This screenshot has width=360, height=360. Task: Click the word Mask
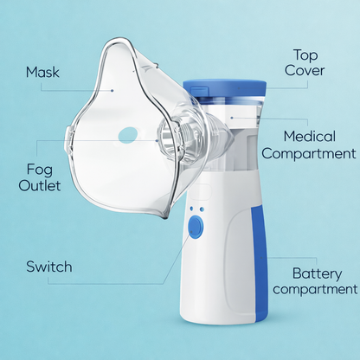[x=42, y=72]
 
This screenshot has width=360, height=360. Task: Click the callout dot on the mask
[x=112, y=88]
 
